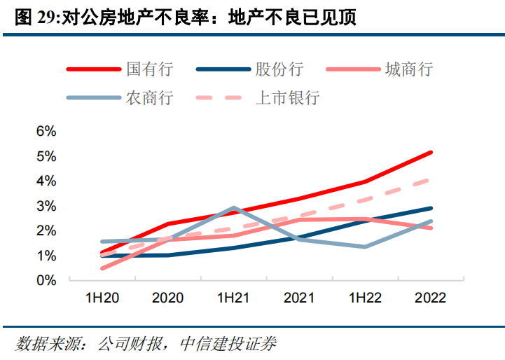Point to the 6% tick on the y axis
[46, 131]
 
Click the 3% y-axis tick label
[46, 206]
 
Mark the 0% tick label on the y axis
[46, 280]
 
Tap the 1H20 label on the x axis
[102, 298]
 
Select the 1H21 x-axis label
[233, 298]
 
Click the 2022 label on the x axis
[430, 298]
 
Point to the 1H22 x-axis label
[365, 298]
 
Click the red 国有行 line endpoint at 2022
[431, 152]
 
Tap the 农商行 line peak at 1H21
[233, 208]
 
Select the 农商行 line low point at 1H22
[365, 247]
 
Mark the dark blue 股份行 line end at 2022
[431, 208]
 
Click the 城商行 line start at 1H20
[102, 268]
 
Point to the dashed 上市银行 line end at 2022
[431, 179]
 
